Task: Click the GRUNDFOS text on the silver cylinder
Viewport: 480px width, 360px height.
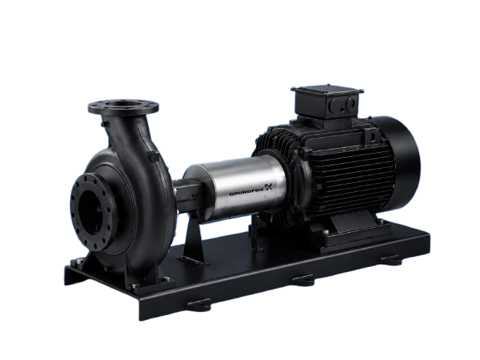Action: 246,191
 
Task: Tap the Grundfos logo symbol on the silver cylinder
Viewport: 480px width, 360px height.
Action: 269,186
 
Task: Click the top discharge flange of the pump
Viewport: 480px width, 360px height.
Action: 123,106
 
